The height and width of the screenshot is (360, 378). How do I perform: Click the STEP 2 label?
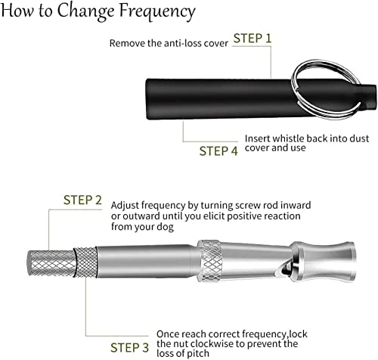82,200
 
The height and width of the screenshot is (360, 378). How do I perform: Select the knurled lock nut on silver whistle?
86,268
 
